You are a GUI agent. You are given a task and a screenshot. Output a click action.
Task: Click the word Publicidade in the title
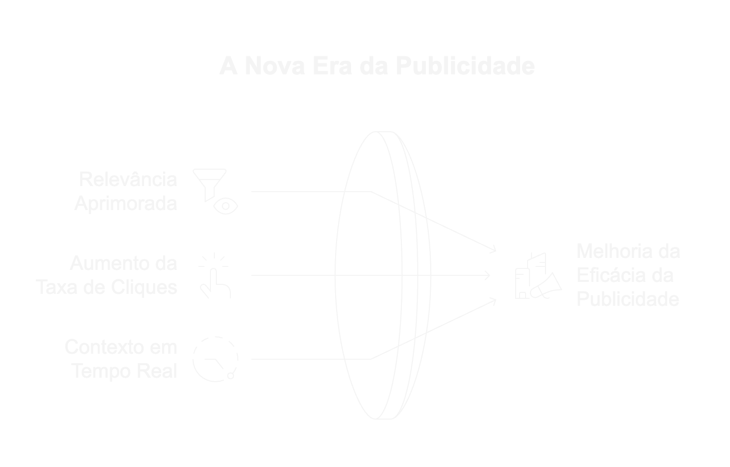pos(465,66)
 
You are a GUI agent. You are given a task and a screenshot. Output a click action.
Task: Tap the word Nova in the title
pos(275,66)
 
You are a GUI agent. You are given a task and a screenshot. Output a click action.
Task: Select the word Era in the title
pos(333,66)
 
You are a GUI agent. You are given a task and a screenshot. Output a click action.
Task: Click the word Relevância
pos(128,179)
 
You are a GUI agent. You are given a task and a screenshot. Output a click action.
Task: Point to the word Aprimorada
pos(126,204)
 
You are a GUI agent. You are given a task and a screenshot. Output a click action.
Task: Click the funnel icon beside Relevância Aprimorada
pos(209,185)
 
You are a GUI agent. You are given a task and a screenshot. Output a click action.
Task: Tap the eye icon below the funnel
pos(225,206)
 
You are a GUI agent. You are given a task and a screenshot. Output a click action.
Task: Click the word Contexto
pos(104,347)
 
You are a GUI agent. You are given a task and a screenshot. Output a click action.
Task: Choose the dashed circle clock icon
pos(215,359)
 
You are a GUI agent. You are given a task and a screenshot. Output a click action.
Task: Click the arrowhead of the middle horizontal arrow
pos(488,275)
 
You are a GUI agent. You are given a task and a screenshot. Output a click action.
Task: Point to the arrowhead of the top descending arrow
pos(494,250)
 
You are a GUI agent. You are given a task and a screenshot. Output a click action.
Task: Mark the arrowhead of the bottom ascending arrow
pos(494,301)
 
